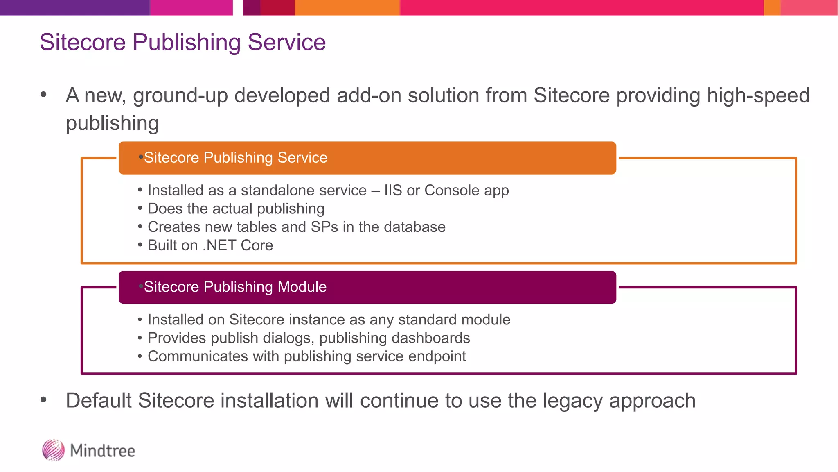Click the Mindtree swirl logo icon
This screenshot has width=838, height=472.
pos(53,450)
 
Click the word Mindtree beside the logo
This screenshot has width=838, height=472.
pos(102,451)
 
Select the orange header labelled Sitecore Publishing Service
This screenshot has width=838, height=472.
pos(367,158)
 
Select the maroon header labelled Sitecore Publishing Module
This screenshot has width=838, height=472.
pos(367,287)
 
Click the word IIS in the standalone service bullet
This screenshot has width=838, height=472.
pos(393,191)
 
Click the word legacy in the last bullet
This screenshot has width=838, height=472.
pos(572,401)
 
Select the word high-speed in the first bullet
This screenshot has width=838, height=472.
pos(758,95)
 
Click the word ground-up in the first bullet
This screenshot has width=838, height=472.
pos(180,95)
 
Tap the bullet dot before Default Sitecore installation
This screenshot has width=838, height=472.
pos(44,400)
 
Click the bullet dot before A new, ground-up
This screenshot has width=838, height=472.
pos(44,95)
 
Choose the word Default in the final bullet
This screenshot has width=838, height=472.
pos(99,401)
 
